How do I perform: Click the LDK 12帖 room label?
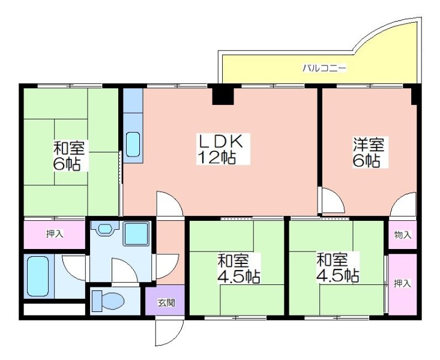pos(220,149)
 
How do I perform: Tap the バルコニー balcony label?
pos(324,68)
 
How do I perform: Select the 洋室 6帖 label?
pos(368,152)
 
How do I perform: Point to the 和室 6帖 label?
pos(69,156)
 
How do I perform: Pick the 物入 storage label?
pos(402,235)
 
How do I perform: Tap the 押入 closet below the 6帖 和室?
pos(55,234)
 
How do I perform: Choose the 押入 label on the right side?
pos(402,283)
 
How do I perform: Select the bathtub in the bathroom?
pos(38,277)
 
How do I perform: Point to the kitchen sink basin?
pos(133,144)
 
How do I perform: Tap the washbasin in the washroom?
pos(105,229)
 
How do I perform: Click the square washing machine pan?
pos(136,234)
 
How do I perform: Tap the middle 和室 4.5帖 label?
pos(238,268)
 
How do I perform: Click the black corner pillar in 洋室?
pos(415,95)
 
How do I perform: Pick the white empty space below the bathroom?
pos(55,309)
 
